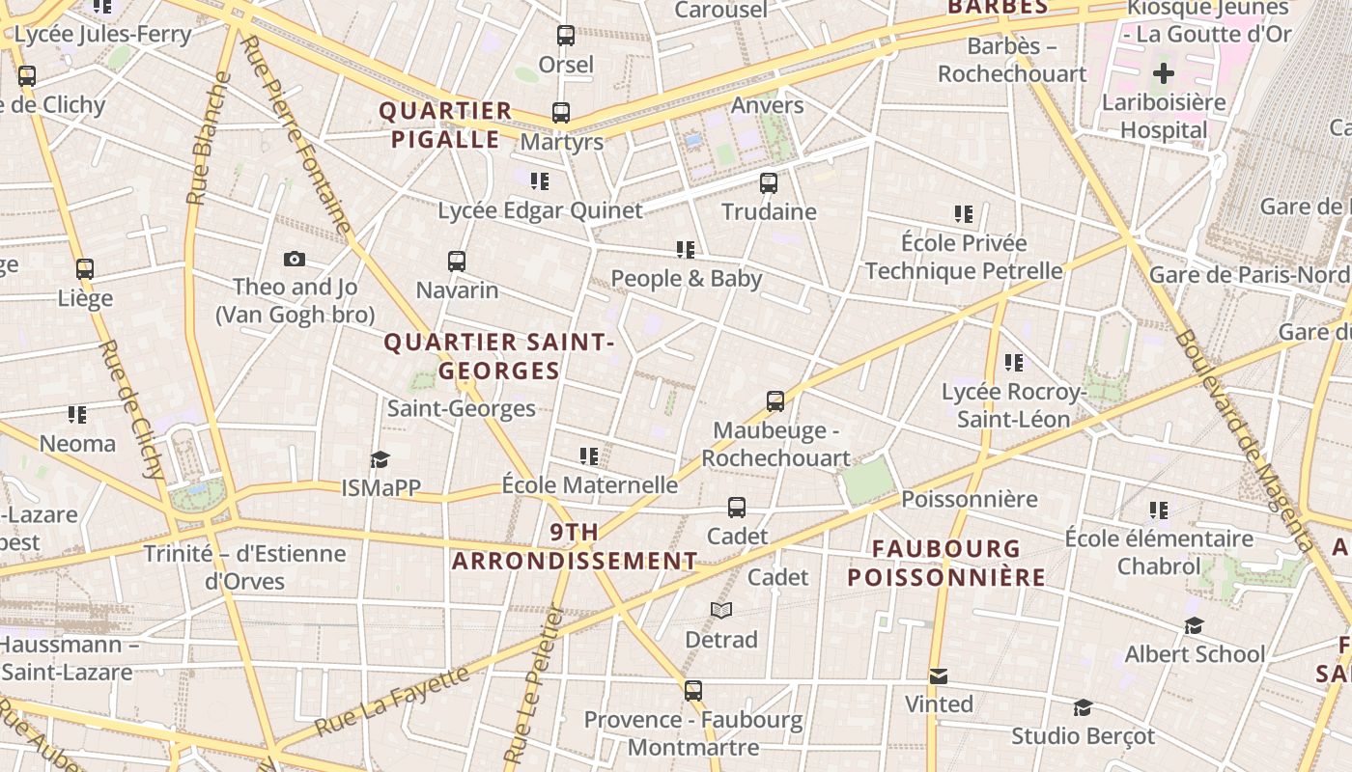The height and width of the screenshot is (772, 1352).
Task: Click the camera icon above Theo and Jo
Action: coord(295,259)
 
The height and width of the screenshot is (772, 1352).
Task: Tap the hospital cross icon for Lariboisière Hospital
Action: coord(1164,72)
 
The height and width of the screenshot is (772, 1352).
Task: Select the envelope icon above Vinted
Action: coord(939,675)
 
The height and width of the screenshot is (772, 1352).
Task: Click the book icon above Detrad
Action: coord(721,610)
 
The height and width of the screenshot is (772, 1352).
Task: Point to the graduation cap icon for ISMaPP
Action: coord(380,458)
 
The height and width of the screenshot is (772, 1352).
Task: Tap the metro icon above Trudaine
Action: coord(769,182)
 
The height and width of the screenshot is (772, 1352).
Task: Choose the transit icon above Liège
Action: coord(85,269)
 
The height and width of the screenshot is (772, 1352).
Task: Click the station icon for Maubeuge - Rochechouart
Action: coord(775,400)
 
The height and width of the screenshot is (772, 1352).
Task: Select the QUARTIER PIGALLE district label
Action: coord(445,125)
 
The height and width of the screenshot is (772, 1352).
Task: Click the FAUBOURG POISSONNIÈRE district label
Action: coord(946,563)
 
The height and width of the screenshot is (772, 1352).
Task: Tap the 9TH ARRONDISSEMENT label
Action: coord(575,546)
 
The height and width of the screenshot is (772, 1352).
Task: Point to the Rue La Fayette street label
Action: coord(391,702)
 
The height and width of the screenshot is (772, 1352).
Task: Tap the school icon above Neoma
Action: coord(77,415)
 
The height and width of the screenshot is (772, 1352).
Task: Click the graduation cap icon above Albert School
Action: coord(1195,625)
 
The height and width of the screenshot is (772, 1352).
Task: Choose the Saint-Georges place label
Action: coord(462,408)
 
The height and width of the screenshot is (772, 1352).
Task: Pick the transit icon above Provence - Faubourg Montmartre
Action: coord(693,690)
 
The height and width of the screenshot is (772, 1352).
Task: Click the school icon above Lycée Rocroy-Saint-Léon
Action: coord(1014,363)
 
